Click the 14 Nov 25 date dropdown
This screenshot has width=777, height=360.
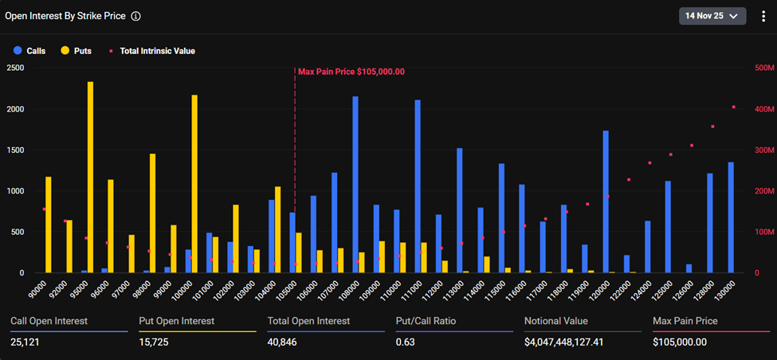712,15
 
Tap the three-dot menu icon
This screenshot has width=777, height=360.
763,15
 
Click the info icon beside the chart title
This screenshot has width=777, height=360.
136,16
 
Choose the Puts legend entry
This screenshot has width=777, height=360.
76,51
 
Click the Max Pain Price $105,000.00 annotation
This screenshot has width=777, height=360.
351,72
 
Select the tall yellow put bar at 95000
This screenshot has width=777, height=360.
90,177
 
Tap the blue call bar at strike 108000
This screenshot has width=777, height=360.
355,185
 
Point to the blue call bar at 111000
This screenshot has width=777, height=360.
417,186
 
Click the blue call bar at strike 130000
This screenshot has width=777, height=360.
730,217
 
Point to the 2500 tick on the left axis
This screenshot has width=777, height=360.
15,68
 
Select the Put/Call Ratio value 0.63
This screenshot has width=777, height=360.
407,342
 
